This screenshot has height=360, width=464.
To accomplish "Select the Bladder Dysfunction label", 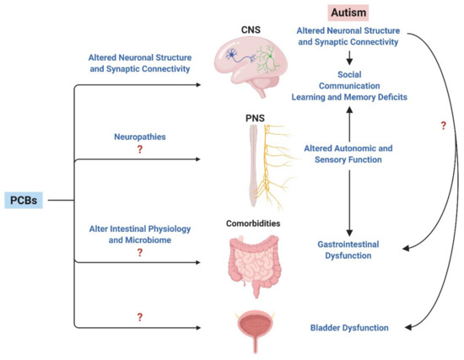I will click(x=349, y=327).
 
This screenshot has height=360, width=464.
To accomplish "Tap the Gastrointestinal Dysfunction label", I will click(x=349, y=249).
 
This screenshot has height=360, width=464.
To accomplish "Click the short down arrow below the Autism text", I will click(x=349, y=57).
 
